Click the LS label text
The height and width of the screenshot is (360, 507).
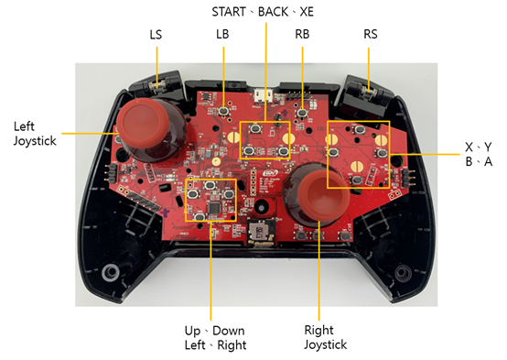[156, 34]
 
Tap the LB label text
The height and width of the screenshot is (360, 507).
[222, 34]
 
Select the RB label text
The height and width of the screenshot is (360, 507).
[302, 34]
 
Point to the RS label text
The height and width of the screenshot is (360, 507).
[371, 34]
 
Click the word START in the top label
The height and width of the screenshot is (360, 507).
[229, 12]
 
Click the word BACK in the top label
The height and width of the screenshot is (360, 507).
[273, 12]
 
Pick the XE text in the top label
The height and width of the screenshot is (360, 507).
[307, 12]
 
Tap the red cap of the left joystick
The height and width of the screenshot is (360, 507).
[143, 122]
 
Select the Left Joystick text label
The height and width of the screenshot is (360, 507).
[35, 134]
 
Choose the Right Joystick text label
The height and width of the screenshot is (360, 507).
[325, 337]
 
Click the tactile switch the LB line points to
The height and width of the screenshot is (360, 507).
[223, 111]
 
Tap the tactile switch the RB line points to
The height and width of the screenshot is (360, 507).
[302, 113]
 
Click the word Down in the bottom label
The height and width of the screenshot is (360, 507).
[228, 331]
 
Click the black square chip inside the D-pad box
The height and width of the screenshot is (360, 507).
[214, 208]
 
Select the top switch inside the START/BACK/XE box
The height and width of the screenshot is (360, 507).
[255, 128]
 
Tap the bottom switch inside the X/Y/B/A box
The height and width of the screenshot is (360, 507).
[357, 180]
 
